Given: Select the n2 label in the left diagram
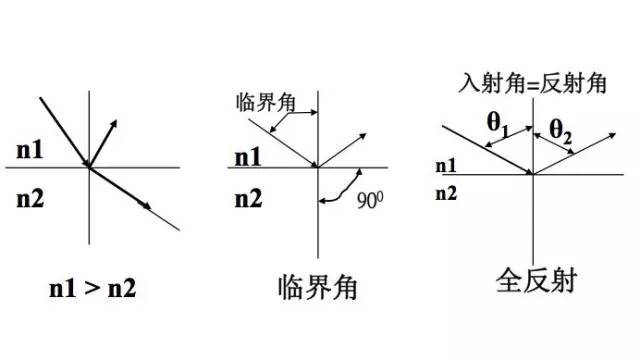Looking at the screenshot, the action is tap(31, 199).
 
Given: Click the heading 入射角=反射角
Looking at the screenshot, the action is tap(532, 84).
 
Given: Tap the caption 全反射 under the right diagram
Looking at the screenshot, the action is tap(532, 279).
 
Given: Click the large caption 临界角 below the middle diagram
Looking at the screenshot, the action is tap(318, 290).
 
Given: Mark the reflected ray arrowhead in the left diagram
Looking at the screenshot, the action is tap(114, 121).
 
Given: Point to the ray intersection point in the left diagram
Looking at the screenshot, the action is tap(89, 167).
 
